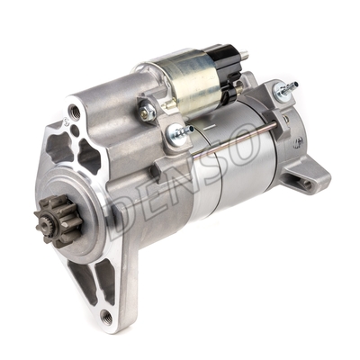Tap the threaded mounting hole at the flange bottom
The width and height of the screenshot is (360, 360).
coord(106,315)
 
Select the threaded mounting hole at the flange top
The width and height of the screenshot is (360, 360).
coord(75,113)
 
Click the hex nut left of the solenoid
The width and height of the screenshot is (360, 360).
coord(145,110)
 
